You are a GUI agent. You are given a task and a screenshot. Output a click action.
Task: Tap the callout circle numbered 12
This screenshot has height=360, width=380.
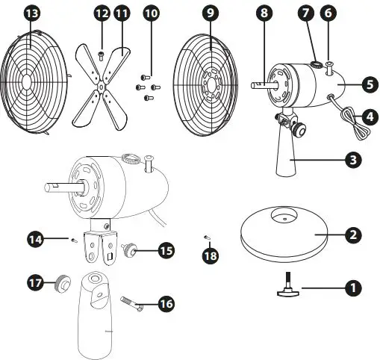click(x=102, y=13)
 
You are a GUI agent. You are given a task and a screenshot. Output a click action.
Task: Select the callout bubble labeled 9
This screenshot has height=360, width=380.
click(x=211, y=13)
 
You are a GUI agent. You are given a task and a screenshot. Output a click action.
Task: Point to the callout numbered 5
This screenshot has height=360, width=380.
click(x=369, y=84)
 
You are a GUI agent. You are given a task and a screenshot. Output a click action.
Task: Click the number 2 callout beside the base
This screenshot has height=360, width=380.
click(x=355, y=235)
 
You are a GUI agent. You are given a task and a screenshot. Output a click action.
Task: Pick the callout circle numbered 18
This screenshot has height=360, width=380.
click(x=211, y=254)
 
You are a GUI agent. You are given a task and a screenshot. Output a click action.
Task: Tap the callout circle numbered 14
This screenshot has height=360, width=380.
click(x=34, y=239)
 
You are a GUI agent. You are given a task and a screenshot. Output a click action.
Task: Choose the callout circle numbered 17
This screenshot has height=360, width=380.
click(x=34, y=284)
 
